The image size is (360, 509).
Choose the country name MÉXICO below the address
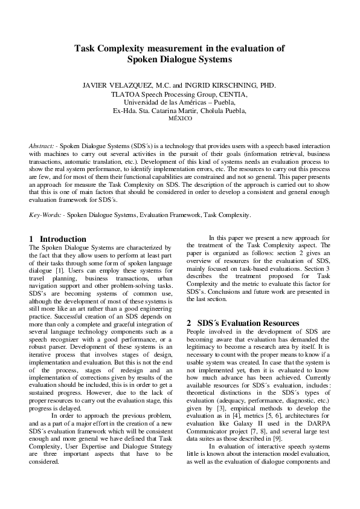click(x=179, y=119)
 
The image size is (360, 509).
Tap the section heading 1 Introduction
click(x=57, y=239)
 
